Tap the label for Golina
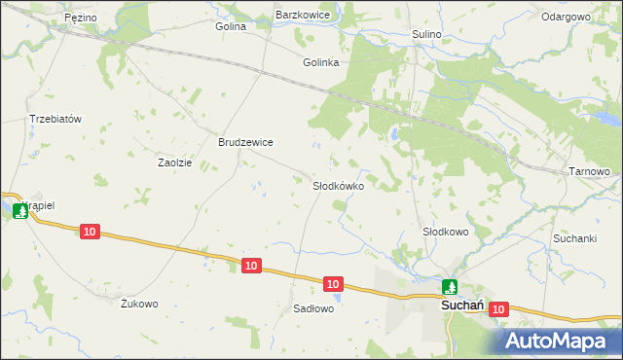[231, 26]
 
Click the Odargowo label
[567, 18]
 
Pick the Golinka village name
[320, 62]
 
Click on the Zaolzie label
[175, 162]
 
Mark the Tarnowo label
[588, 172]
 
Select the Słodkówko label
[338, 185]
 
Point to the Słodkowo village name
[445, 232]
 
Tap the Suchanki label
[574, 238]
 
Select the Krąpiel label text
[39, 206]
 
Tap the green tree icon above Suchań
[449, 287]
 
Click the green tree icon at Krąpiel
[20, 210]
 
